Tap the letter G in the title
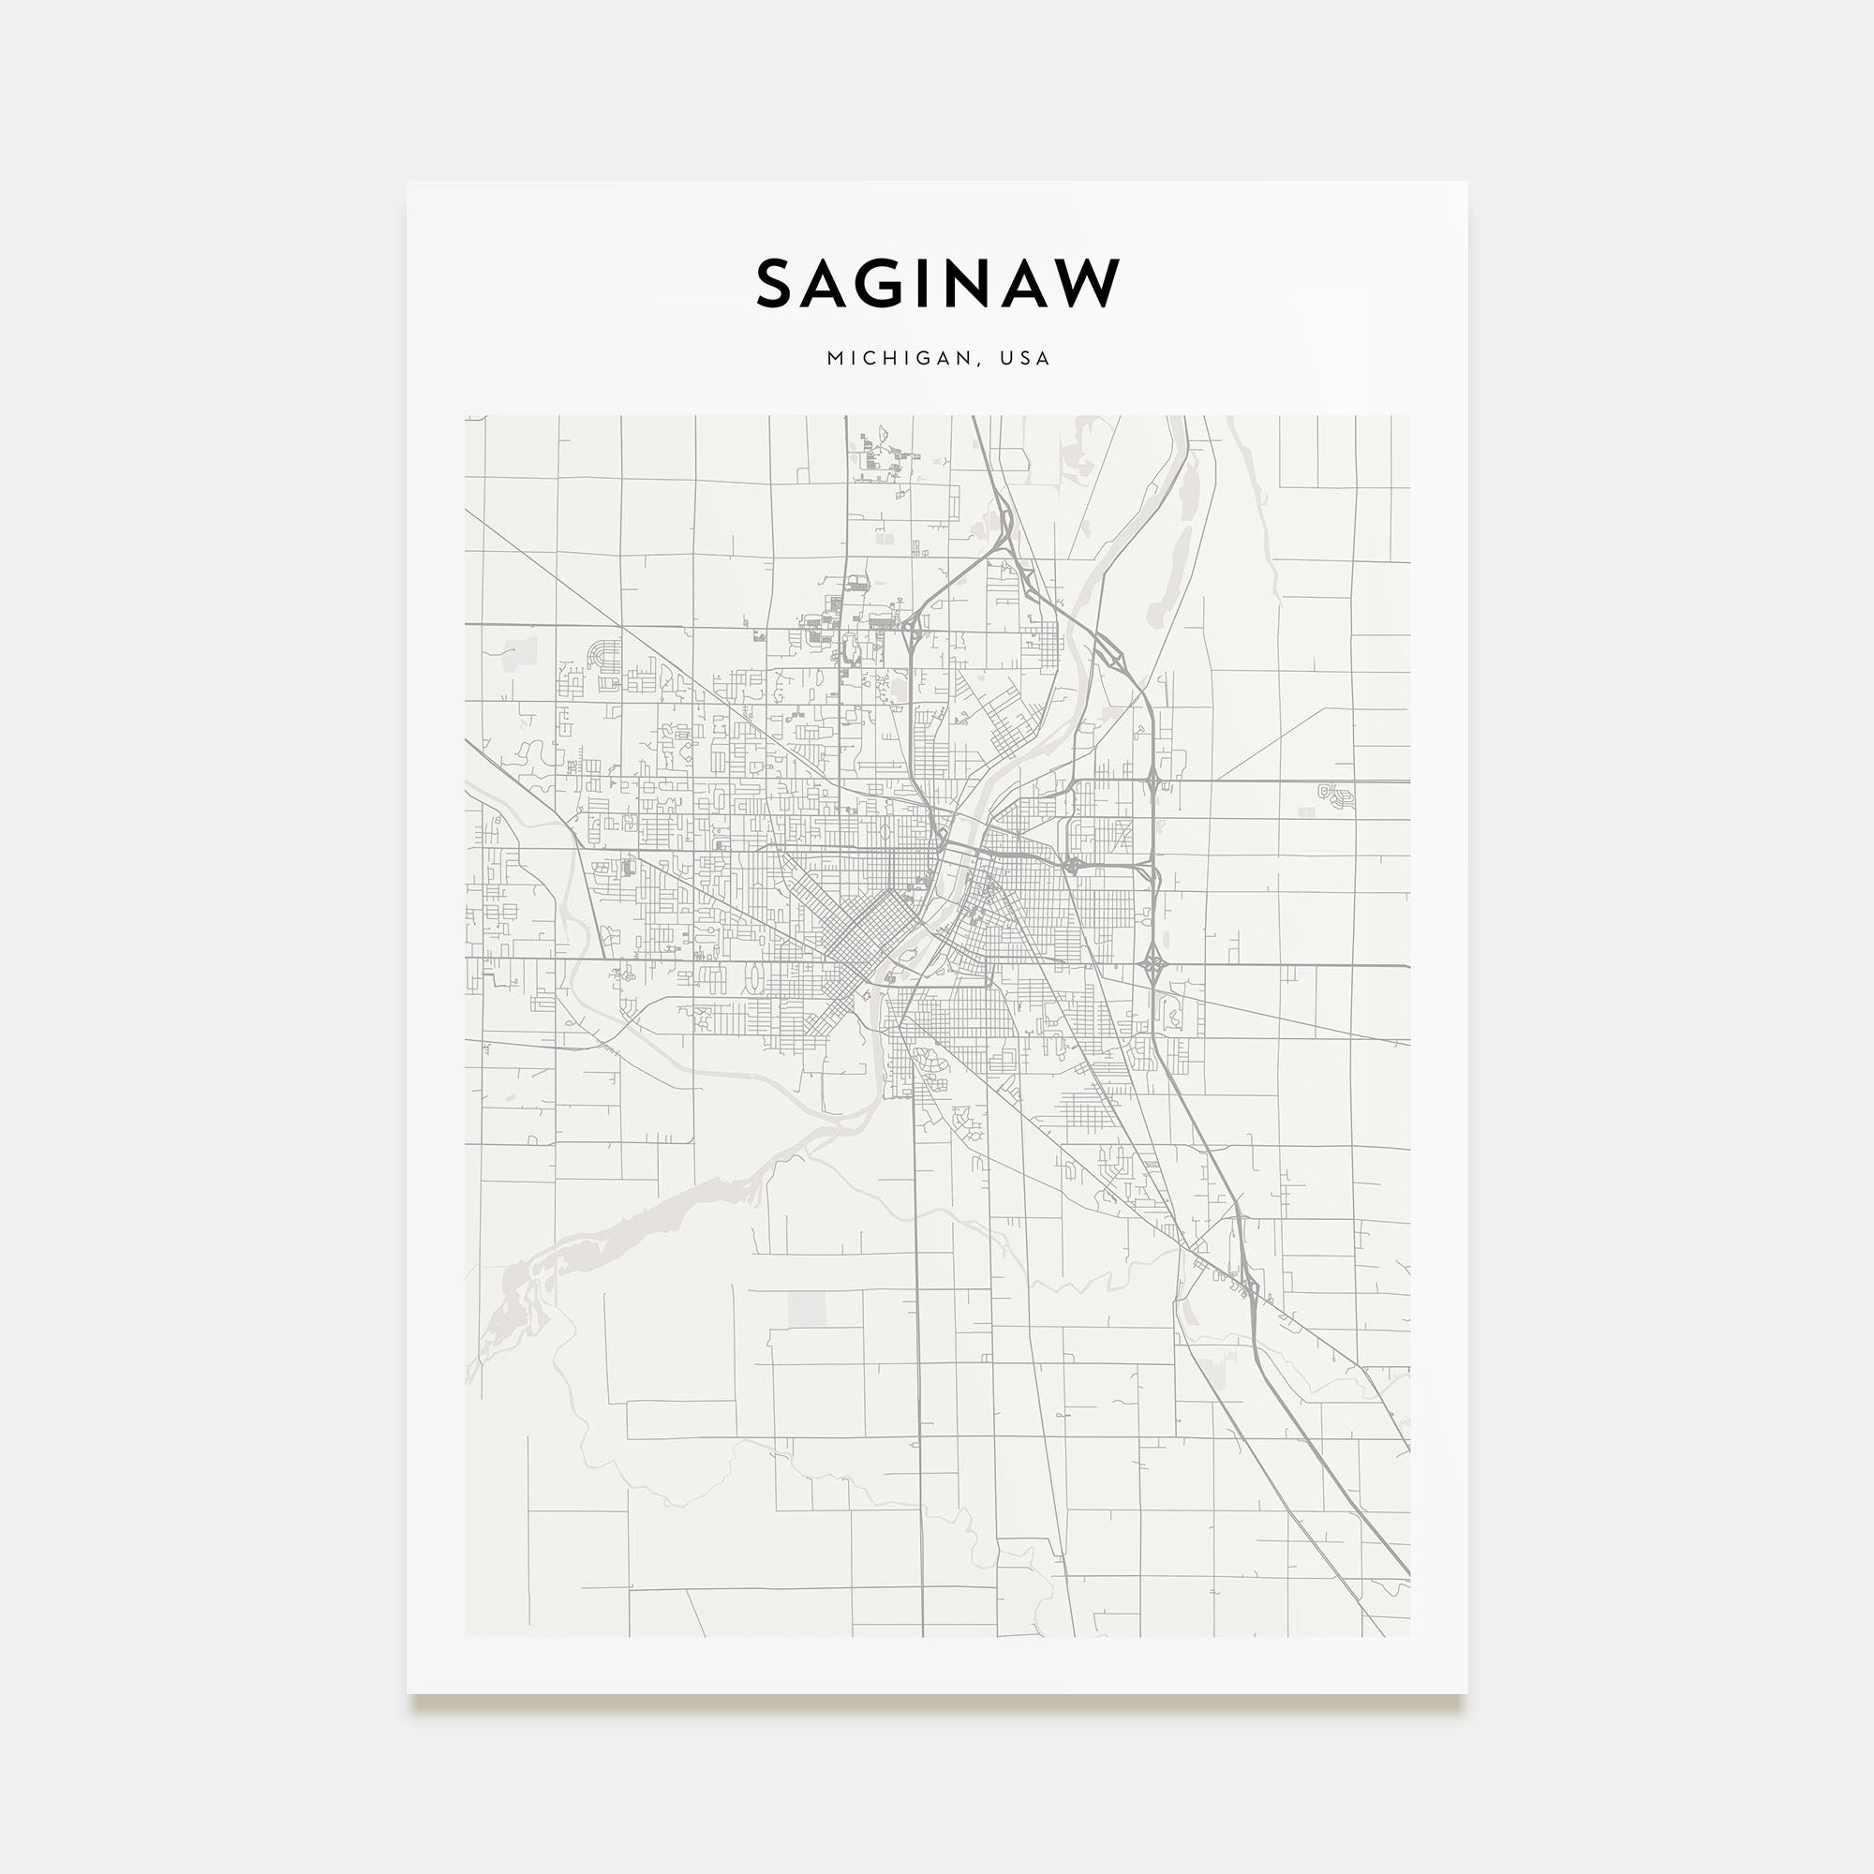pyautogui.click(x=900, y=284)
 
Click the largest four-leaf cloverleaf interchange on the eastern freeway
pyautogui.click(x=1153, y=964)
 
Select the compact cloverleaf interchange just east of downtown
pyautogui.click(x=1073, y=863)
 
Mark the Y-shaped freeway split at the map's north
pyautogui.click(x=1004, y=528)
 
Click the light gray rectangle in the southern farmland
pyautogui.click(x=807, y=1308)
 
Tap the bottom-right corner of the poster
pyautogui.click(x=1465, y=1692)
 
